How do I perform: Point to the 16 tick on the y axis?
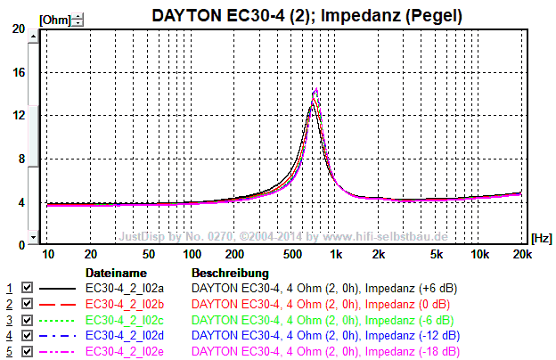pyautogui.click(x=20, y=73)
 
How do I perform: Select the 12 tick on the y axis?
pyautogui.click(x=20, y=116)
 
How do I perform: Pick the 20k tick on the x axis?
pyautogui.click(x=520, y=254)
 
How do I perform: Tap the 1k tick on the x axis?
pyautogui.click(x=336, y=254)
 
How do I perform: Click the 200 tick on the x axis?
pyautogui.click(x=235, y=254)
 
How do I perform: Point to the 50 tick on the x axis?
pyautogui.click(x=149, y=254)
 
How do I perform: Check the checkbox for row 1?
pyautogui.click(x=27, y=289)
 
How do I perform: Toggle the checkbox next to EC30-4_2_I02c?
pyautogui.click(x=27, y=319)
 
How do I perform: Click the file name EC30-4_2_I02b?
pyautogui.click(x=125, y=304)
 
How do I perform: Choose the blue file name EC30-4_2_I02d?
pyautogui.click(x=125, y=335)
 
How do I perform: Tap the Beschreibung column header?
pyautogui.click(x=230, y=272)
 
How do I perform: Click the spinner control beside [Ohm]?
pyautogui.click(x=78, y=19)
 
